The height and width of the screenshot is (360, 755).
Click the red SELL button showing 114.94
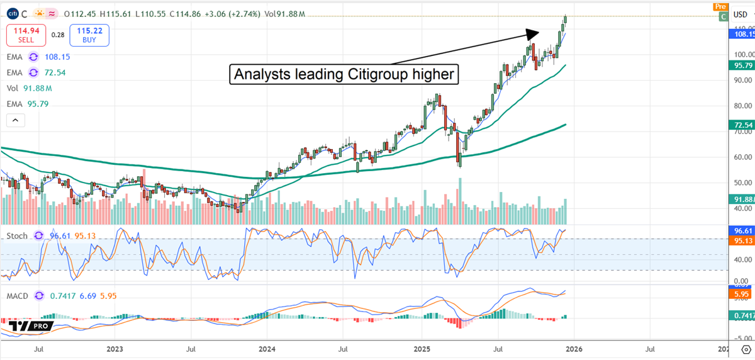coord(25,35)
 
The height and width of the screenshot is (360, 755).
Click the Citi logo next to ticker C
coord(12,13)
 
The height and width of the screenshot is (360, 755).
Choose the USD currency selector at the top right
coord(741,14)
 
